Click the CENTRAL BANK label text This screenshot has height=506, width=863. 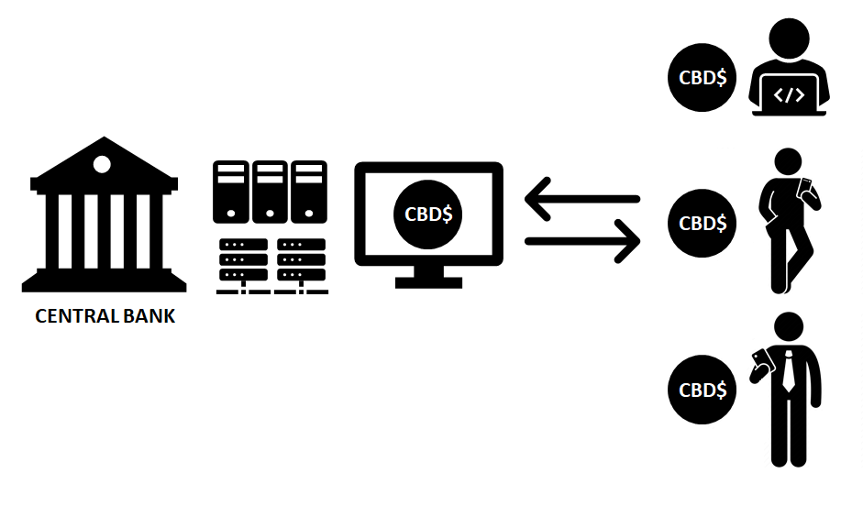(105, 317)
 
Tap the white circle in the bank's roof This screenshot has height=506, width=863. (102, 165)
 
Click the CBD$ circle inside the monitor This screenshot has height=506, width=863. (428, 214)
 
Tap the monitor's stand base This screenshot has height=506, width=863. (429, 280)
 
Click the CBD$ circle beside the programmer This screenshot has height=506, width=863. (703, 77)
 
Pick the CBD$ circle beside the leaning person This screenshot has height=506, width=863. (703, 223)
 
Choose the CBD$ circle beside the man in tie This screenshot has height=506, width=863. (703, 389)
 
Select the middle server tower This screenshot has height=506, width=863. (270, 192)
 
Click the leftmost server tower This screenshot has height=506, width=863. (231, 192)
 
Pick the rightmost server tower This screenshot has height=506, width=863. (309, 192)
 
